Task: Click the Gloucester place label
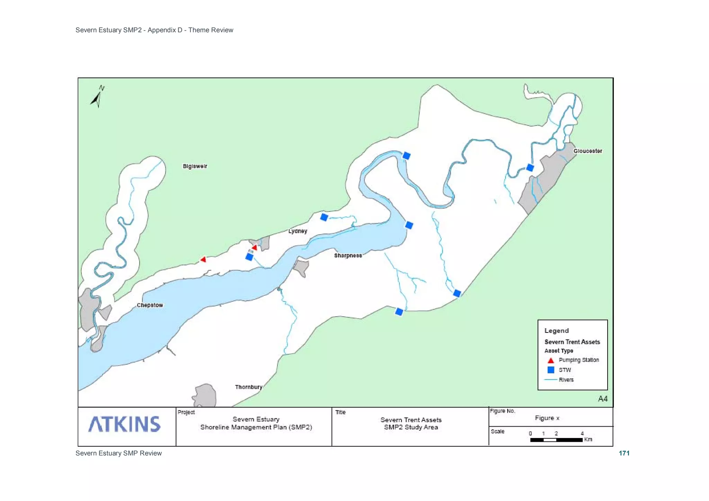(x=587, y=151)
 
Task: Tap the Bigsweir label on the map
(x=195, y=166)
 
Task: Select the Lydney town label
(x=298, y=231)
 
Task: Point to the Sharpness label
(x=348, y=255)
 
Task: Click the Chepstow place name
(x=150, y=305)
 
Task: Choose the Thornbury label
(x=249, y=387)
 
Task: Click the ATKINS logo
(x=125, y=424)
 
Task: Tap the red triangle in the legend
(x=551, y=360)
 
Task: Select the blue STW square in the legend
(x=551, y=370)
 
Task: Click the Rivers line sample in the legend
(x=551, y=380)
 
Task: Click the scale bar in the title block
(x=556, y=440)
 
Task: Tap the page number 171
(x=624, y=453)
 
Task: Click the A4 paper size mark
(x=603, y=399)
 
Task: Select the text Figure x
(x=547, y=418)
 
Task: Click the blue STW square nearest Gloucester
(x=530, y=168)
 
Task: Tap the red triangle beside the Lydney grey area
(x=255, y=247)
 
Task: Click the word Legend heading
(x=556, y=330)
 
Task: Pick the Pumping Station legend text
(x=578, y=360)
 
